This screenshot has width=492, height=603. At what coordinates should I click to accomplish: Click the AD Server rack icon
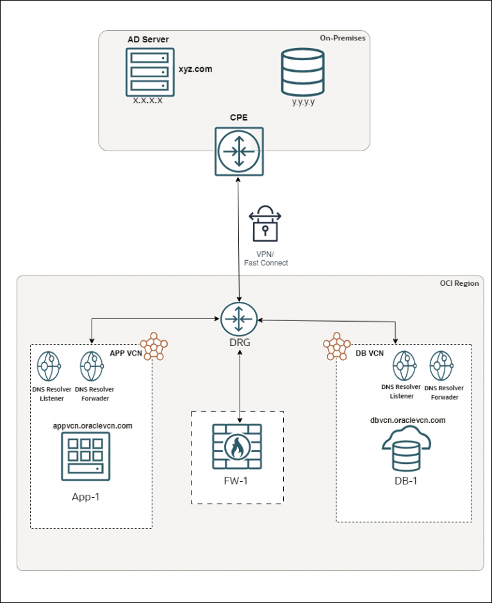[x=149, y=71]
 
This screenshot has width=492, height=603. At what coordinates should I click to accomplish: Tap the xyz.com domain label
[x=195, y=68]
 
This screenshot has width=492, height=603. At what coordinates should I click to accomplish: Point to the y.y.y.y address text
[x=302, y=101]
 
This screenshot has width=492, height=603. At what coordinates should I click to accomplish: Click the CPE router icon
[x=238, y=151]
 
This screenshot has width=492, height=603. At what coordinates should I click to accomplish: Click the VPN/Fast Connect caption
[x=265, y=258]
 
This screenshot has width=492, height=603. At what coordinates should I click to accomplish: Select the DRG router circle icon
[x=239, y=318]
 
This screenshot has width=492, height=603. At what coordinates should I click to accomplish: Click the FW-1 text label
[x=238, y=481]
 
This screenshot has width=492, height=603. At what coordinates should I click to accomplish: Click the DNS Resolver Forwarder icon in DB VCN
[x=443, y=367]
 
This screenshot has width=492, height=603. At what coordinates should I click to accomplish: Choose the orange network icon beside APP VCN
[x=154, y=346]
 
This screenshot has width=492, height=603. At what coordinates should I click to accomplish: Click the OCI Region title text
[x=459, y=283]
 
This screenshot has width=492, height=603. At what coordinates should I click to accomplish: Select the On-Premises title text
[x=343, y=38]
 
